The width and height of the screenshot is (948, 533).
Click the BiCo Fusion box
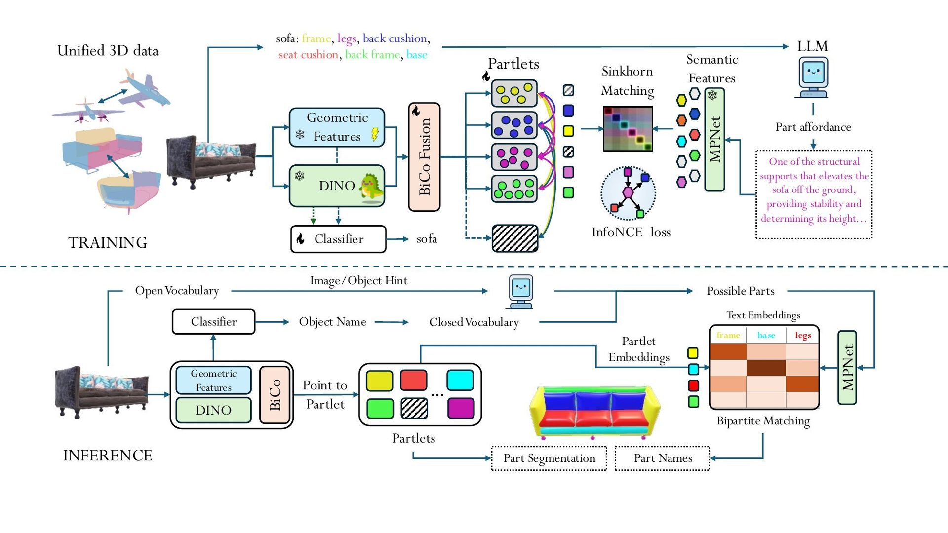[x=424, y=157]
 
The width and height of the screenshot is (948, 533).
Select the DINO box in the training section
[x=337, y=186]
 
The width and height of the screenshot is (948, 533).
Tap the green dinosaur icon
[x=372, y=188]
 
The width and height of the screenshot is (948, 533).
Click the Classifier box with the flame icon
[x=338, y=239]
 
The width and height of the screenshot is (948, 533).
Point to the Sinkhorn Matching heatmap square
[x=628, y=128]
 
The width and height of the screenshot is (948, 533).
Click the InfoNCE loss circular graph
[x=628, y=193]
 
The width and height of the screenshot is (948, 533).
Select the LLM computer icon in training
[x=813, y=78]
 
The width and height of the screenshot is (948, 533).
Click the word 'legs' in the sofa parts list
[x=347, y=38]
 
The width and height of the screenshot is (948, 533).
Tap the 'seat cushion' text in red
[x=308, y=55]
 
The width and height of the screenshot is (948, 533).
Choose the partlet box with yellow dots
[x=514, y=93]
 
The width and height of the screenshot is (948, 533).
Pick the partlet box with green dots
[x=514, y=189]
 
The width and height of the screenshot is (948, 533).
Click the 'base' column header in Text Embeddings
[x=766, y=335]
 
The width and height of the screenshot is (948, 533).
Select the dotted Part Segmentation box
[x=549, y=458]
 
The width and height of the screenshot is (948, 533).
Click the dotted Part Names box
[x=663, y=458]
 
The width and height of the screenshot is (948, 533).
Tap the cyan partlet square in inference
[x=460, y=381]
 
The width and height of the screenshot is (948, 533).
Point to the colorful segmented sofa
[x=594, y=413]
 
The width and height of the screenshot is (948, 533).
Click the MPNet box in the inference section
[x=847, y=368]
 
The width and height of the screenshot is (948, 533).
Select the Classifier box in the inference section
[x=213, y=322]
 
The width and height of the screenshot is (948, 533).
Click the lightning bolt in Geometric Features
[x=375, y=134]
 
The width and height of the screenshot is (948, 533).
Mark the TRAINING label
[x=108, y=243]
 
